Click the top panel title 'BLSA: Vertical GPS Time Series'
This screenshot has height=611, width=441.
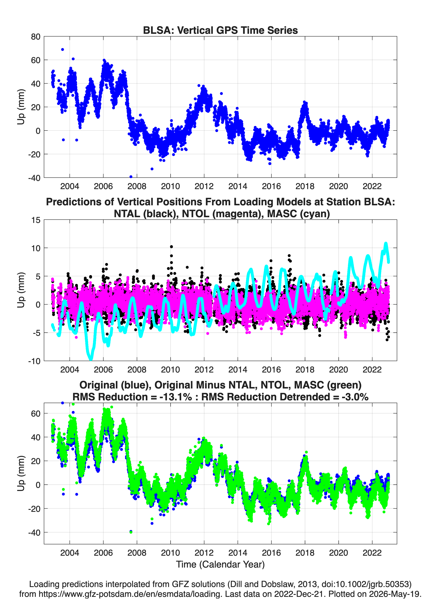(x=220, y=30)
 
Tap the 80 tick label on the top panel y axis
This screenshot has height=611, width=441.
(x=36, y=37)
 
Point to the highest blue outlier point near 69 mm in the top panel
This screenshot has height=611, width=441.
(x=62, y=50)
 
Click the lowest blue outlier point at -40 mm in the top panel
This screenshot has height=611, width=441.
(x=131, y=177)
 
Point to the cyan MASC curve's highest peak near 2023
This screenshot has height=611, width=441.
(x=386, y=244)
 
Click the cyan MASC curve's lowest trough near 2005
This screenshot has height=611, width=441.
(x=91, y=359)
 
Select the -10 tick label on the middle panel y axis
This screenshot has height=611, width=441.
(x=34, y=361)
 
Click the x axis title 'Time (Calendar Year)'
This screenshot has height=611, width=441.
(x=220, y=564)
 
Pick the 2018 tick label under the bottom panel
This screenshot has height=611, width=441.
(x=305, y=553)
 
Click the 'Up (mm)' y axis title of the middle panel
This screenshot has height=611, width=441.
(x=21, y=290)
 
